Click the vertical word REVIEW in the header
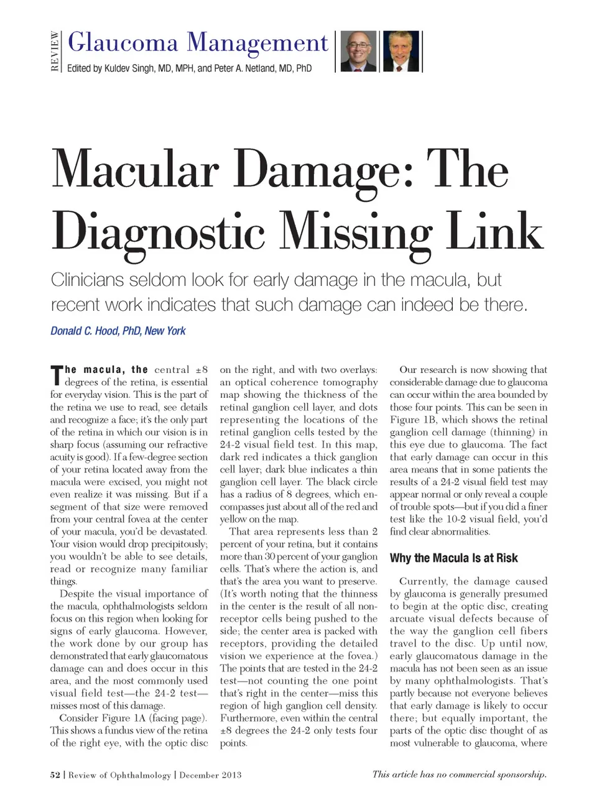pyautogui.click(x=55, y=51)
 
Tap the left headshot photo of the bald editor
pyautogui.click(x=359, y=51)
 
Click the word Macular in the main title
pyautogui.click(x=136, y=170)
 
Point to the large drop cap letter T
pyautogui.click(x=56, y=376)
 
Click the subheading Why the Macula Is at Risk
pyautogui.click(x=453, y=558)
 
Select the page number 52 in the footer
pyautogui.click(x=55, y=775)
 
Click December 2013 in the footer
pyautogui.click(x=210, y=775)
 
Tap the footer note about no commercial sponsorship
pyautogui.click(x=459, y=774)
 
